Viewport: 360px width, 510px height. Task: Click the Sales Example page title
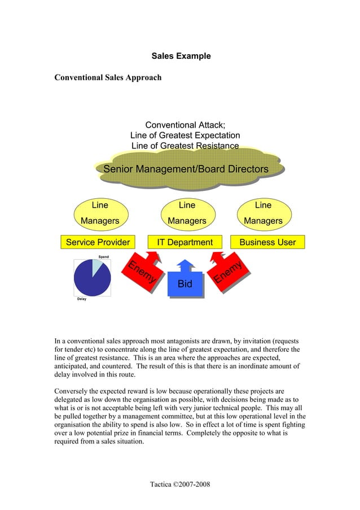pyautogui.click(x=181, y=56)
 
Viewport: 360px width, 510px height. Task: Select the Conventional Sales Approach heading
pyautogui.click(x=107, y=77)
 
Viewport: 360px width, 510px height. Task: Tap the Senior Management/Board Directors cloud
pyautogui.click(x=186, y=169)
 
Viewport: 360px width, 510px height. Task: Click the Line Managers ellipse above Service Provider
pyautogui.click(x=100, y=213)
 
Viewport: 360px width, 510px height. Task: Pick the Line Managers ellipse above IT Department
pyautogui.click(x=186, y=213)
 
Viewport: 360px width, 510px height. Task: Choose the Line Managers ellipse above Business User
pyautogui.click(x=262, y=213)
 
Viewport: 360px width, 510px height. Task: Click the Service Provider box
pyautogui.click(x=98, y=242)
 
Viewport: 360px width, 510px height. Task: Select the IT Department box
pyautogui.click(x=185, y=242)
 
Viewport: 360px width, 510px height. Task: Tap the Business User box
pyautogui.click(x=267, y=242)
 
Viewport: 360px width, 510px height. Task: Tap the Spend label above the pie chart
pyautogui.click(x=103, y=257)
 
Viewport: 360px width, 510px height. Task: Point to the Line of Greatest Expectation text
pyautogui.click(x=185, y=136)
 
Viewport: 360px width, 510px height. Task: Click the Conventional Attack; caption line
pyautogui.click(x=185, y=125)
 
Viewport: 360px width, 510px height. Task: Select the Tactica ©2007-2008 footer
pyautogui.click(x=180, y=485)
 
